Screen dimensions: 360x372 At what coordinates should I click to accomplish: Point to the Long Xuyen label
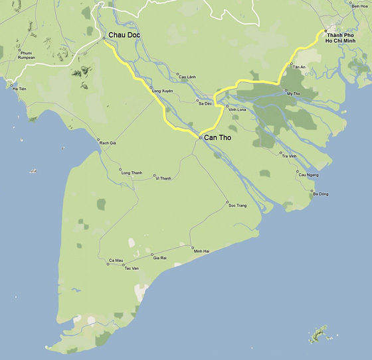163,90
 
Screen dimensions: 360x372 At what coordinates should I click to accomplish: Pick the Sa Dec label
205,103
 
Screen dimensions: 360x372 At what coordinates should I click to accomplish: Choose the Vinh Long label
237,109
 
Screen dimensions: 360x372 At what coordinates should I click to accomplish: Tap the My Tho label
293,93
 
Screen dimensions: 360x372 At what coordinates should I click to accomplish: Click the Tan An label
298,67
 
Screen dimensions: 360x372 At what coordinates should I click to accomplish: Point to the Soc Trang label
237,206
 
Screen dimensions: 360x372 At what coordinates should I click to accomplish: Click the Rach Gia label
108,143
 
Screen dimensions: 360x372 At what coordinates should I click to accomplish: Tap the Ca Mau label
116,260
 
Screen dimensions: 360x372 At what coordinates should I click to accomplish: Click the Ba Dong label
320,194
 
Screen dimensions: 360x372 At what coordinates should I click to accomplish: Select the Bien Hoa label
359,6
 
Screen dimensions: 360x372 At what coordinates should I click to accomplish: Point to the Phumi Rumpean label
27,55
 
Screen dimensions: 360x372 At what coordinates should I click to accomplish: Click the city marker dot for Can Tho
199,137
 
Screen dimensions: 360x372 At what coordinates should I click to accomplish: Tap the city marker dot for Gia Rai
152,255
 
